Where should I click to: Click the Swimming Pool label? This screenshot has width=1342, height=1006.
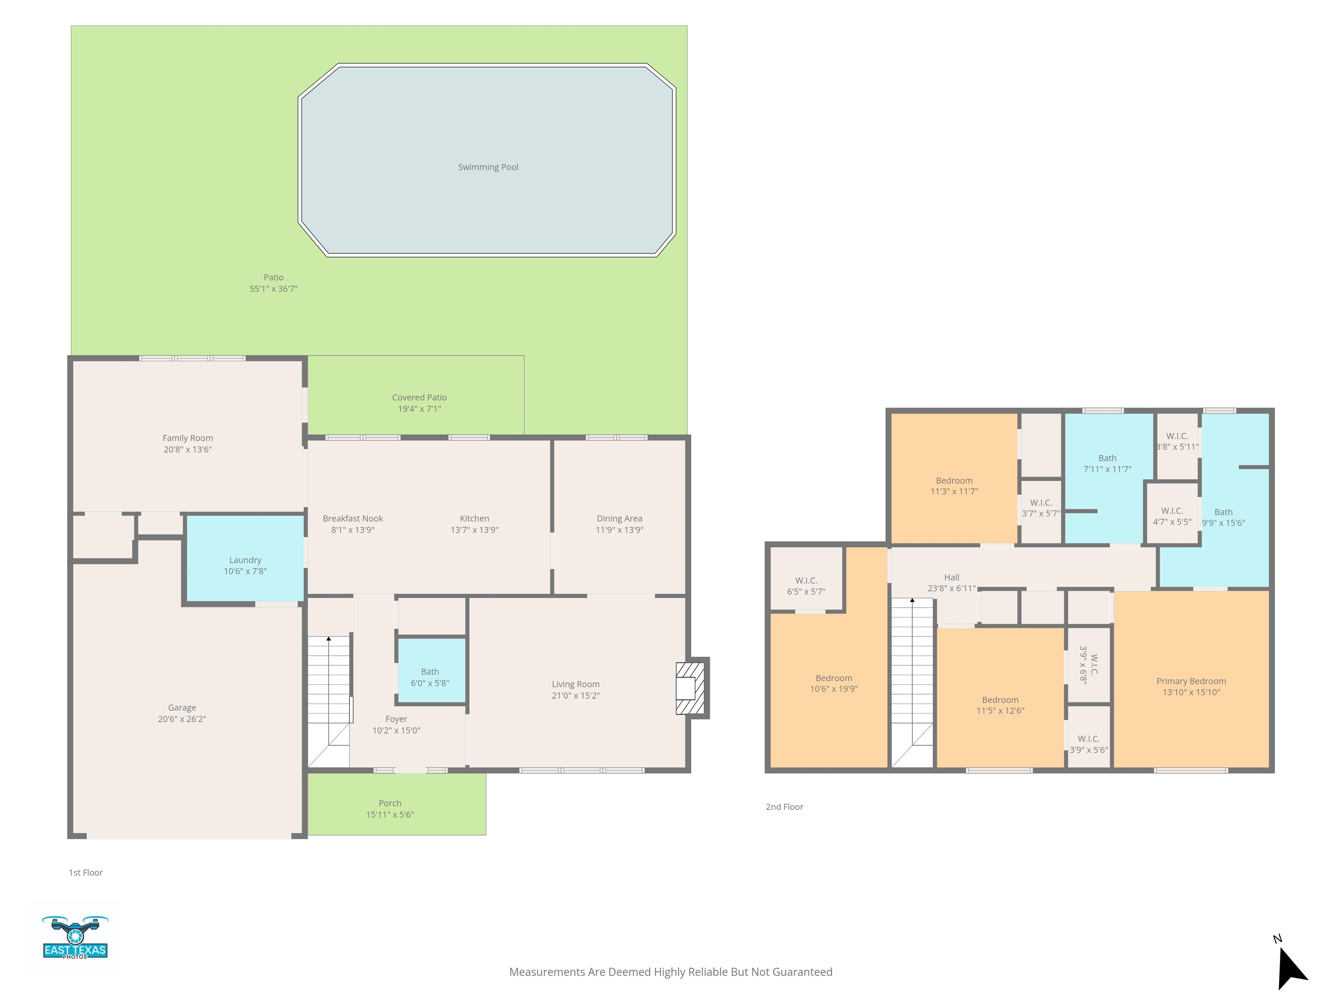488,167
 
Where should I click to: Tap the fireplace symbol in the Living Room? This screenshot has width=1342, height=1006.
691,688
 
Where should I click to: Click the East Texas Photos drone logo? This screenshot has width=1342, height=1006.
75,937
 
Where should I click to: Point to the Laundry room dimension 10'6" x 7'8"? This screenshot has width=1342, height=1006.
245,571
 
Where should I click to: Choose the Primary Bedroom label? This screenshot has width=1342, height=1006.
1191,681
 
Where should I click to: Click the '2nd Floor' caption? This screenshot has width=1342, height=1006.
785,807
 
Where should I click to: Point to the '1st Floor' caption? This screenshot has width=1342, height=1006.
86,872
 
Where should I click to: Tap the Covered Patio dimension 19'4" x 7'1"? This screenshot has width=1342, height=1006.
419,409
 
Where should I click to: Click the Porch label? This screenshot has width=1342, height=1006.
390,803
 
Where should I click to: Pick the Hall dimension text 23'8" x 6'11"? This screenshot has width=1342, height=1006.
951,588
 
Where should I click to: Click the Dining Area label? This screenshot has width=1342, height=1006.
619,518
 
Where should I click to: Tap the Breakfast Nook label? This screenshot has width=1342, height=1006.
353,518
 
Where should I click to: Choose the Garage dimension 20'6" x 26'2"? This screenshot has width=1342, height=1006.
182,719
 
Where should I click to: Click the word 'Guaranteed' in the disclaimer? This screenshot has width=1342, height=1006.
802,972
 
